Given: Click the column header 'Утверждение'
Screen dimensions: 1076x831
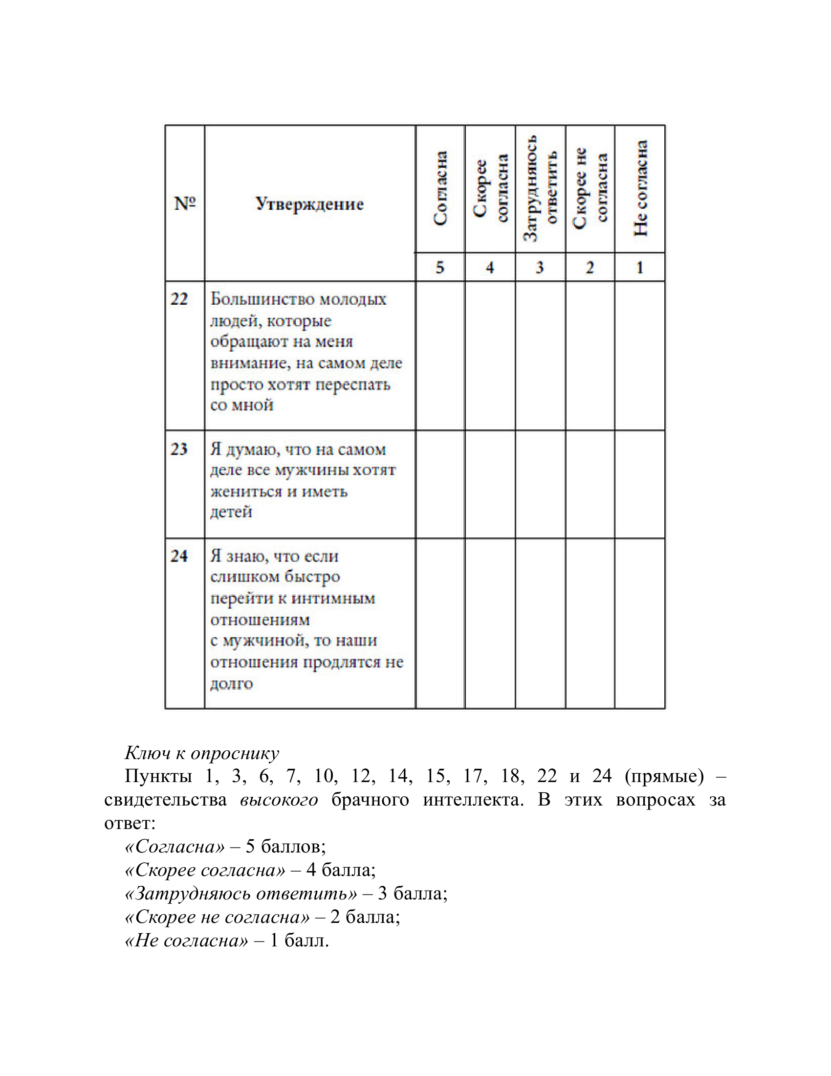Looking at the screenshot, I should pyautogui.click(x=309, y=204).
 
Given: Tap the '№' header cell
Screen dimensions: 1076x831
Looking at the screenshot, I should pyautogui.click(x=185, y=203).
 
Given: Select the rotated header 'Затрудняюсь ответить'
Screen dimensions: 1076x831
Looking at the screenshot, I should pyautogui.click(x=540, y=189).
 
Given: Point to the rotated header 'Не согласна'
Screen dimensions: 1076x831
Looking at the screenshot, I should pyautogui.click(x=640, y=189).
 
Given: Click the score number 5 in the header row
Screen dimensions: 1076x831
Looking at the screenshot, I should pyautogui.click(x=439, y=268).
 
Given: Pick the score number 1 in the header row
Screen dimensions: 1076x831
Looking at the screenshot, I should pyautogui.click(x=640, y=268).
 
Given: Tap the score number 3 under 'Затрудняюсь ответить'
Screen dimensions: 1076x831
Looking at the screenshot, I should pyautogui.click(x=540, y=268).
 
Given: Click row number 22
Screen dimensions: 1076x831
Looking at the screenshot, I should pyautogui.click(x=179, y=299).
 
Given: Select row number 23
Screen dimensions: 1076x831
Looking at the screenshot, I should pyautogui.click(x=179, y=449).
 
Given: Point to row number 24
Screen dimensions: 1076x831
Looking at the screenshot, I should pyautogui.click(x=179, y=556).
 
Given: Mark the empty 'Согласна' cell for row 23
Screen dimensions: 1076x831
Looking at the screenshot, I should pyautogui.click(x=440, y=484).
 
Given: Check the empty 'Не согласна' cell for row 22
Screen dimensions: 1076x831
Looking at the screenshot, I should pyautogui.click(x=640, y=356).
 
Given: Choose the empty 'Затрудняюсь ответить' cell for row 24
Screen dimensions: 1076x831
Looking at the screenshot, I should pyautogui.click(x=540, y=623).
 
